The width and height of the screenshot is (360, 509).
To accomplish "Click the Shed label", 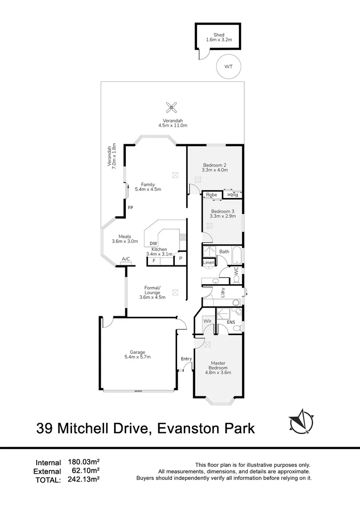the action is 219,35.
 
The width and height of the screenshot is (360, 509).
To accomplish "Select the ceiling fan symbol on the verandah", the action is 172,107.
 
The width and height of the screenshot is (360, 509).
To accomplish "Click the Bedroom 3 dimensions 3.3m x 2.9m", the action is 223,216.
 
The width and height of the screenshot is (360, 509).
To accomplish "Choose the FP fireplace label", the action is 130,207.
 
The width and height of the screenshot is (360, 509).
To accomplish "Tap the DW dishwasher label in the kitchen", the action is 154,244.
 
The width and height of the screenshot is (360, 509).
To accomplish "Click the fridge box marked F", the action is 154,261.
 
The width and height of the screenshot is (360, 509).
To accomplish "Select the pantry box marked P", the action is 180,259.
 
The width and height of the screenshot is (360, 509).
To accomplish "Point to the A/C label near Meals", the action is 126,259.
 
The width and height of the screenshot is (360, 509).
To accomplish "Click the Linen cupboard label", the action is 209,263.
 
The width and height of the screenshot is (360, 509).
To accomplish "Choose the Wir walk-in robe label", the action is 207,321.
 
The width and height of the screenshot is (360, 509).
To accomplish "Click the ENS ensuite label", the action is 231,322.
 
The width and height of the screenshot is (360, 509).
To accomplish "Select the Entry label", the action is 186,359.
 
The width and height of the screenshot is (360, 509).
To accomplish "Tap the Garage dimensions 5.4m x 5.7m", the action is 138,357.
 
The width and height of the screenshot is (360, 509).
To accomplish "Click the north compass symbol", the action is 302,421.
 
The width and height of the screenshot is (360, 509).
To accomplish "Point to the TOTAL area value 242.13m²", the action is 83,479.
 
